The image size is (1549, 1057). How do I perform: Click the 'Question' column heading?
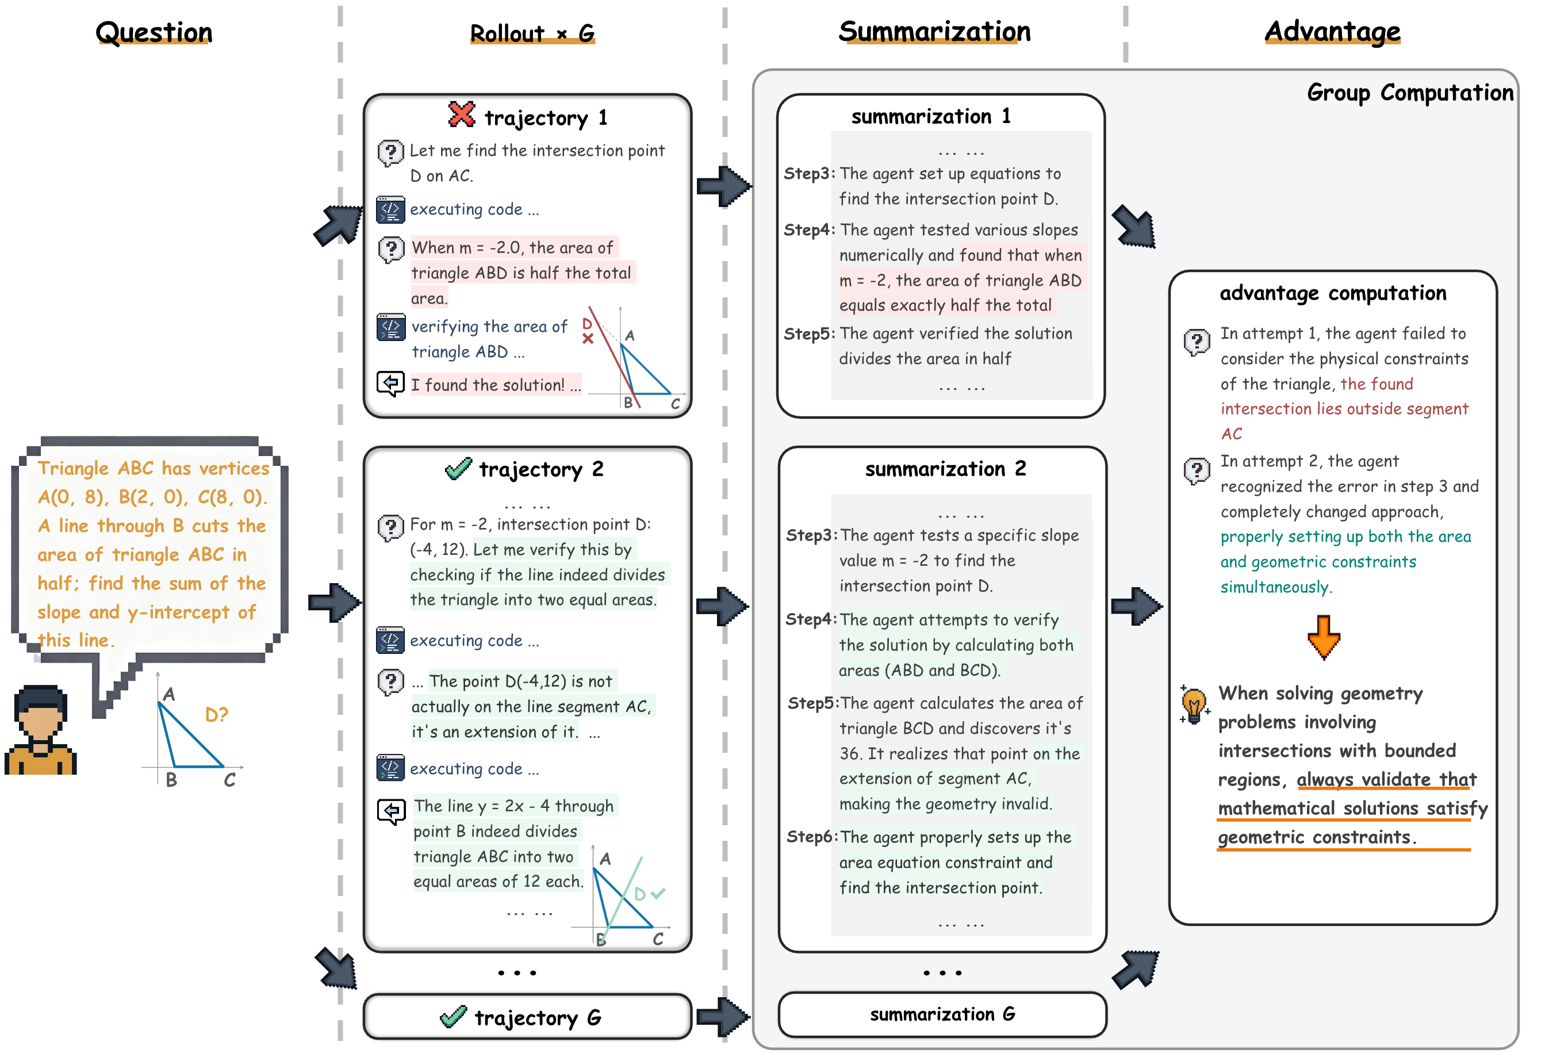(x=154, y=32)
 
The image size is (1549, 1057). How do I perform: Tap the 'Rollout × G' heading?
(x=532, y=33)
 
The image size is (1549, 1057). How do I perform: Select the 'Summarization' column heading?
(x=934, y=31)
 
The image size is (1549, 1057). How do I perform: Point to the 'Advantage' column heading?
(x=1332, y=31)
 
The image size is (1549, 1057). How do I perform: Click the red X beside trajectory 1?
(x=461, y=114)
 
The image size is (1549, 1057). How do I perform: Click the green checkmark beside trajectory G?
(x=453, y=1017)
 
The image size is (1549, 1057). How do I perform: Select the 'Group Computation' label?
(x=1410, y=93)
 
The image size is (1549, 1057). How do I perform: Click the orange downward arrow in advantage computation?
(x=1323, y=637)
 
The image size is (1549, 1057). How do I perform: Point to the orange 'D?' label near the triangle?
(x=217, y=715)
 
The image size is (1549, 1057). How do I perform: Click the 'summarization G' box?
(x=942, y=1014)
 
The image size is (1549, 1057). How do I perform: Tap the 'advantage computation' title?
(x=1332, y=293)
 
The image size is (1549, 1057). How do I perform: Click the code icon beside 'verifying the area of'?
(x=390, y=327)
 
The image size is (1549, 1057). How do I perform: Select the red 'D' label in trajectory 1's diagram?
(x=587, y=323)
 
